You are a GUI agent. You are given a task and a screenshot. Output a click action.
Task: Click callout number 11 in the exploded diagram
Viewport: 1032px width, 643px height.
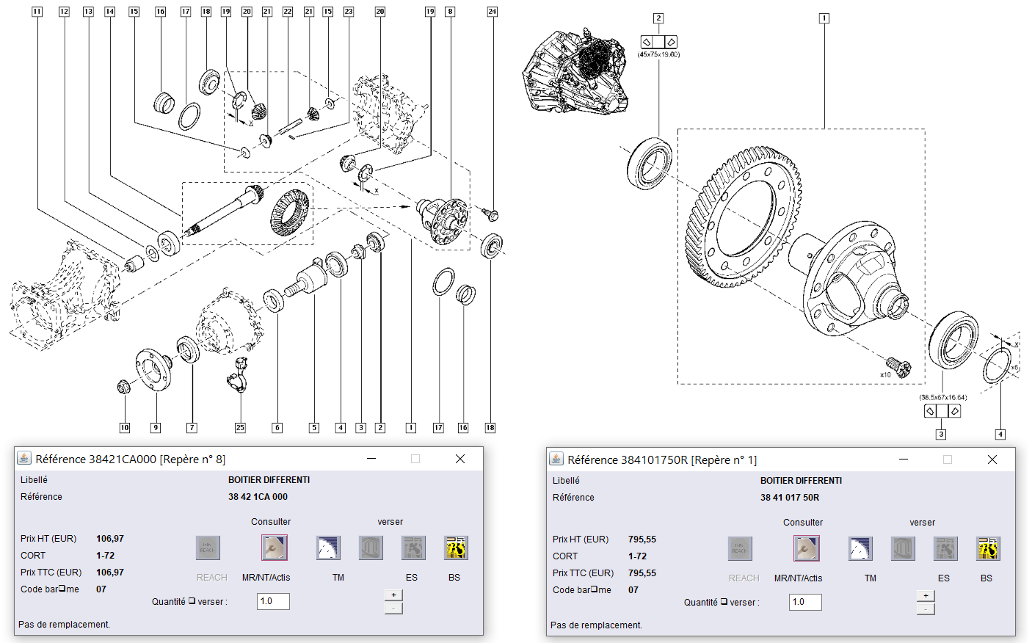pos(37,12)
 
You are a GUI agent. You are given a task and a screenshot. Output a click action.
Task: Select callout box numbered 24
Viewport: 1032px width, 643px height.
pos(492,12)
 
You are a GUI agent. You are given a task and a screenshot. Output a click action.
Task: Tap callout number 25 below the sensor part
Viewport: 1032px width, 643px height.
pos(240,427)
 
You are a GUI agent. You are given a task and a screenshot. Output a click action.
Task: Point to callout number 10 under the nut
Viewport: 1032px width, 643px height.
pos(125,427)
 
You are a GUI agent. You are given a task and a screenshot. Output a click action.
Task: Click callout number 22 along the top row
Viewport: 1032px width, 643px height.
pos(287,12)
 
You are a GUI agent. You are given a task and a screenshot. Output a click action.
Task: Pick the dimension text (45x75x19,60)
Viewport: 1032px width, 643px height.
pos(658,54)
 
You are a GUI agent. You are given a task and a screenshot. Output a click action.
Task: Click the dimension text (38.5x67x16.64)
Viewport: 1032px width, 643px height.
pos(942,397)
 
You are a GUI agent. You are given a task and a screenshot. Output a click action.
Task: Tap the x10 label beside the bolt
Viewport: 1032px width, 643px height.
pos(885,374)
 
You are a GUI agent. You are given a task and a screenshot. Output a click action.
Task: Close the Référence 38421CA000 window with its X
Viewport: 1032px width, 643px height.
pos(460,459)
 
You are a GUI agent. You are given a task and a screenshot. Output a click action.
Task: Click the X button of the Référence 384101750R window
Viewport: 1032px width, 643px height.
pos(992,459)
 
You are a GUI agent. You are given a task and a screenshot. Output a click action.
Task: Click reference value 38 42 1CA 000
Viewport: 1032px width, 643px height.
pos(258,497)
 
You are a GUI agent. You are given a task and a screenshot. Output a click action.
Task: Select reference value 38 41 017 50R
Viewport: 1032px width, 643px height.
pos(790,498)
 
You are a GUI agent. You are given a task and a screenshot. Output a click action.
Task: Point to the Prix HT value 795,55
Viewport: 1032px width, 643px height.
pos(642,540)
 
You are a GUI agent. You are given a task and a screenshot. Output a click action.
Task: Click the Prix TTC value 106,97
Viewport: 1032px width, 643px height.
pos(110,573)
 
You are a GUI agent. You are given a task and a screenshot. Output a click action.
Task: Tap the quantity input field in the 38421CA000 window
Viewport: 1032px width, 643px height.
pos(273,601)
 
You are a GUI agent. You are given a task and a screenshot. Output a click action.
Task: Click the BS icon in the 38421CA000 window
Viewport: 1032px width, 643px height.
pos(455,548)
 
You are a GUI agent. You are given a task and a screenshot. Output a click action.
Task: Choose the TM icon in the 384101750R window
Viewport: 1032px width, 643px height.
pos(860,549)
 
